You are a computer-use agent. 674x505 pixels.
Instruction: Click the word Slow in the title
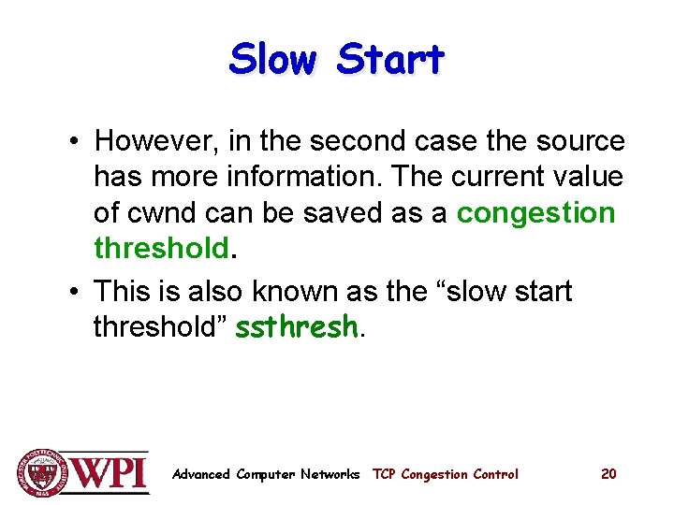[273, 59]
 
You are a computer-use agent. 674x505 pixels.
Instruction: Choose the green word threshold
[161, 248]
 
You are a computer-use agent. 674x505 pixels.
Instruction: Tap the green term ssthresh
[296, 326]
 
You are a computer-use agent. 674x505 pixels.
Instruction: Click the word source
[579, 141]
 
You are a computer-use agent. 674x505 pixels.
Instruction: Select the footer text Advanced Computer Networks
[266, 474]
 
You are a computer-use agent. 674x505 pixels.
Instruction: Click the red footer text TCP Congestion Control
[445, 474]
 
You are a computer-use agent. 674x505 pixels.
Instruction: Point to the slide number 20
[608, 474]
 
